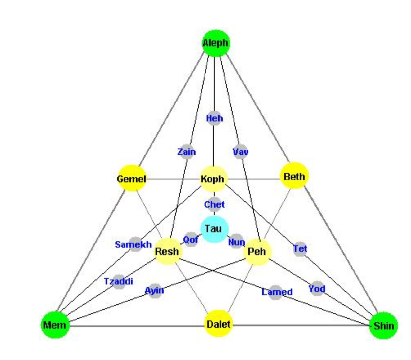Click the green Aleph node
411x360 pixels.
tap(215, 43)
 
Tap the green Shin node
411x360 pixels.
tap(384, 326)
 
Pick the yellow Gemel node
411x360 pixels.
tap(131, 179)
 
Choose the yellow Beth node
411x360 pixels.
tap(294, 176)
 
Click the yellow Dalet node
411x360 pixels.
tap(218, 325)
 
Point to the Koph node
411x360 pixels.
tap(213, 179)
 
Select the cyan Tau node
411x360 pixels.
tap(214, 229)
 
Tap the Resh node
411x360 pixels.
tap(167, 252)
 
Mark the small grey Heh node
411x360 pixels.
tap(214, 118)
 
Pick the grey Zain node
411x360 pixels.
tap(187, 152)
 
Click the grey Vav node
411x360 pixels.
tap(240, 152)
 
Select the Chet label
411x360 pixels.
tap(214, 204)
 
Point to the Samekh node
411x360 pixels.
tap(135, 244)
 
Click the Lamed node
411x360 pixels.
tap(277, 292)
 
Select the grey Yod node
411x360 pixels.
tap(317, 288)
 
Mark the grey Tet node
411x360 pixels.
tap(300, 248)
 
